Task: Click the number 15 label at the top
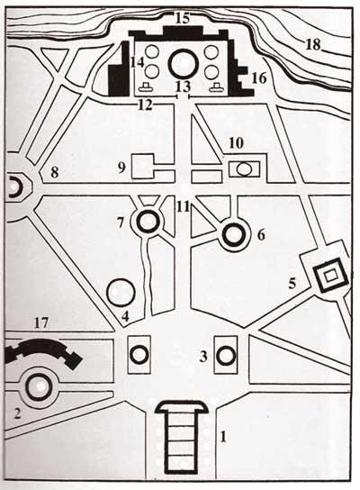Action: click(x=183, y=18)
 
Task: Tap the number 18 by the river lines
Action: click(x=313, y=45)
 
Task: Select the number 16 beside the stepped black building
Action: click(x=259, y=78)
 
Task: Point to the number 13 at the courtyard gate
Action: click(x=183, y=86)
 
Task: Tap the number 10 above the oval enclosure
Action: click(x=236, y=143)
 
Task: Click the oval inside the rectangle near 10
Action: click(x=244, y=169)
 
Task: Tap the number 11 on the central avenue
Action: click(x=183, y=206)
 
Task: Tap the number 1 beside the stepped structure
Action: click(x=222, y=437)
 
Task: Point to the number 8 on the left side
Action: click(x=55, y=173)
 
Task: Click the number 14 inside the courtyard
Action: click(x=138, y=62)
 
